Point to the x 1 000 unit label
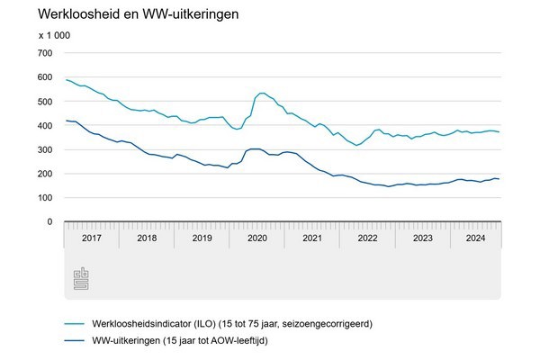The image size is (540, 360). point(54,35)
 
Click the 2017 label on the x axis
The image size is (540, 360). point(91,239)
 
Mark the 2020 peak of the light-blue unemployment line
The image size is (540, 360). point(262,93)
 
